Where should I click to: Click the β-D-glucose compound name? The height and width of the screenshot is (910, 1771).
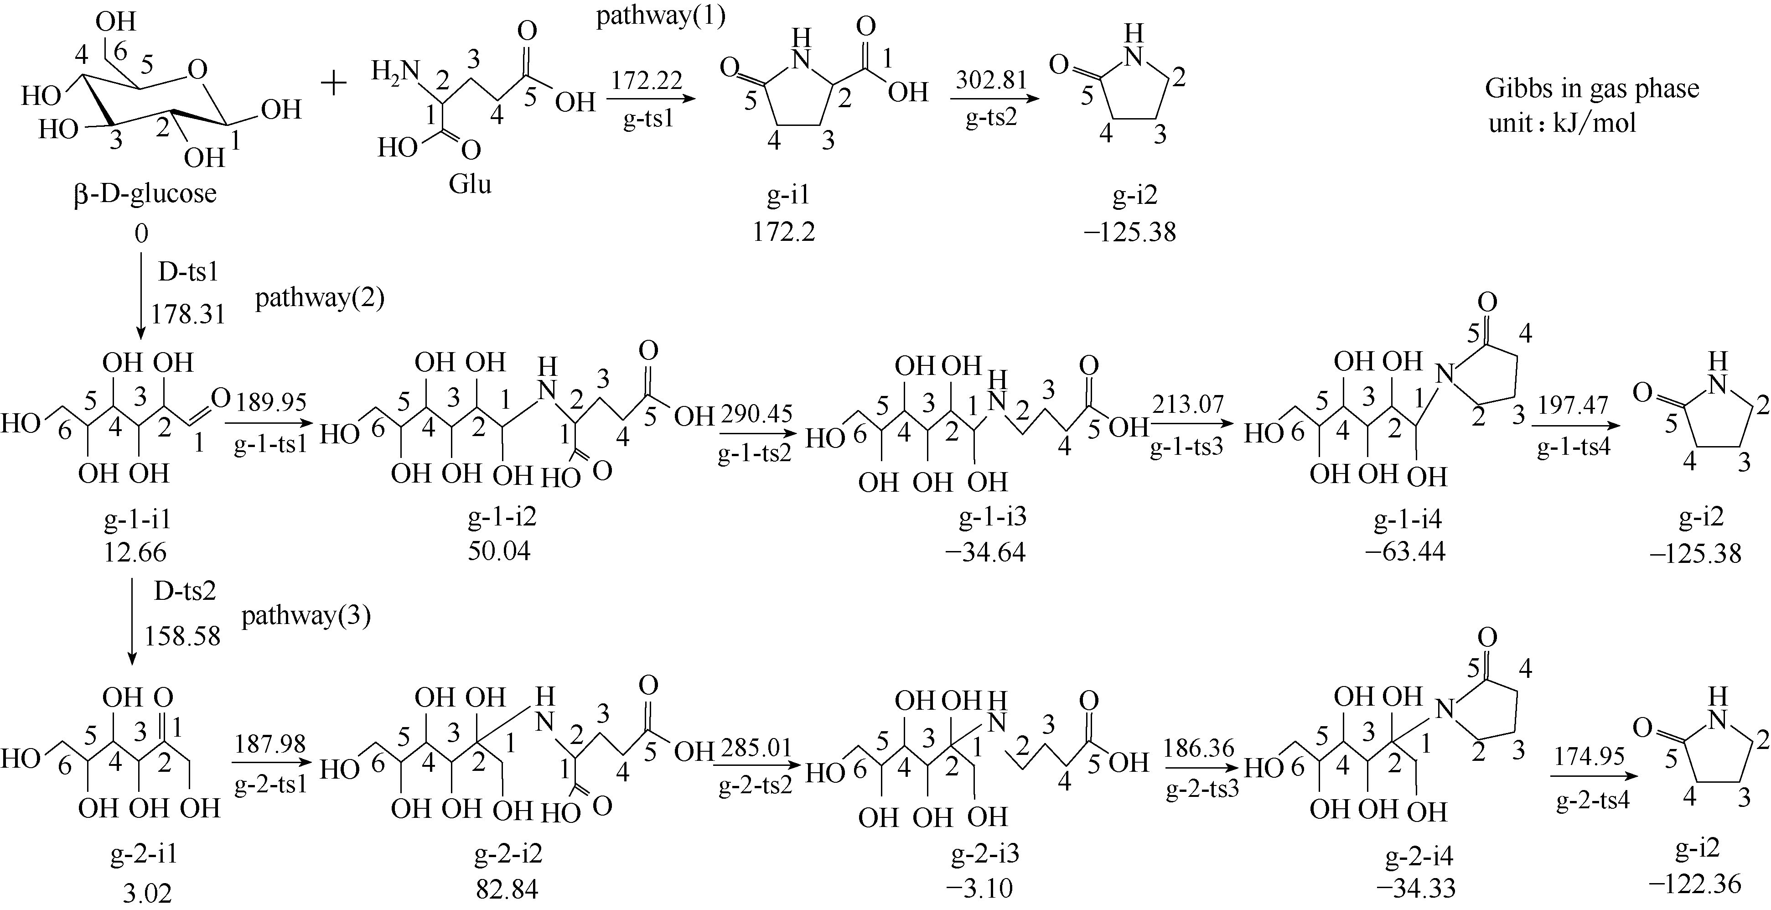pyautogui.click(x=145, y=193)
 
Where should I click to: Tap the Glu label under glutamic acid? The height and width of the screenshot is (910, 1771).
pyautogui.click(x=470, y=184)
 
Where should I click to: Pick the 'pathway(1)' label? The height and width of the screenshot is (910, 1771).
pyautogui.click(x=661, y=16)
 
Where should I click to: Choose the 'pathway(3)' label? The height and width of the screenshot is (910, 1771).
pyautogui.click(x=306, y=616)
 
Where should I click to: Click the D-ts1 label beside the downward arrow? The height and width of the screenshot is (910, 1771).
pyautogui.click(x=188, y=272)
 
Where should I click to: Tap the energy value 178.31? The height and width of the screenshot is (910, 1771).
pyautogui.click(x=188, y=314)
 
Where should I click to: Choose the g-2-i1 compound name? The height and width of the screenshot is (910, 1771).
pyautogui.click(x=145, y=853)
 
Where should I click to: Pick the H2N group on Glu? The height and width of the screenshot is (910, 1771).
pyautogui.click(x=395, y=72)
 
